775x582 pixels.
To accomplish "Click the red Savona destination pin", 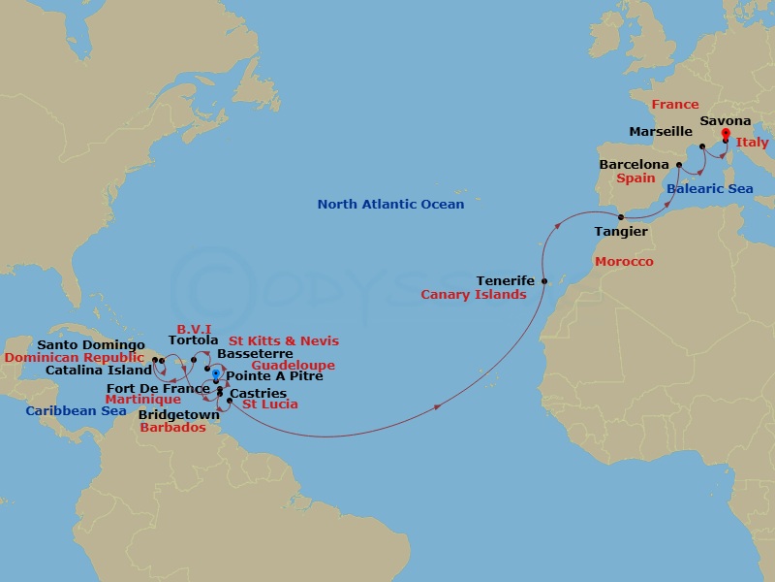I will tap(726, 136).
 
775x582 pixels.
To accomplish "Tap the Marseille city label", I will tap(661, 131).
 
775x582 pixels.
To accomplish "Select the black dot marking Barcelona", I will tap(679, 165).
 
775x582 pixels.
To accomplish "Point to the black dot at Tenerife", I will tap(544, 281).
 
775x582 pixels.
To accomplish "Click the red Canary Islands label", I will tap(474, 294).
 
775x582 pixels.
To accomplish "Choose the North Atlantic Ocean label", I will tap(390, 205).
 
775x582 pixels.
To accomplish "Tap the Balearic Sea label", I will tap(709, 189).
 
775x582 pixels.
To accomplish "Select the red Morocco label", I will tap(624, 262).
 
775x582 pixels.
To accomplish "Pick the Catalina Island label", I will tap(98, 370).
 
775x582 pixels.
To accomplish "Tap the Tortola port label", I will tap(193, 340).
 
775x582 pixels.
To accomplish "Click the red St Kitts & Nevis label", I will tap(284, 341).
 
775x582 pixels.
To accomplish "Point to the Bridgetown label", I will tap(179, 414).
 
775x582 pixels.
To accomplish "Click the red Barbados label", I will tap(172, 427).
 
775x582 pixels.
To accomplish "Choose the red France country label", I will tap(674, 105).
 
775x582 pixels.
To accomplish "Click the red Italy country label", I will tap(753, 144).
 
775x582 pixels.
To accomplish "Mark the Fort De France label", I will tap(158, 389).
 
